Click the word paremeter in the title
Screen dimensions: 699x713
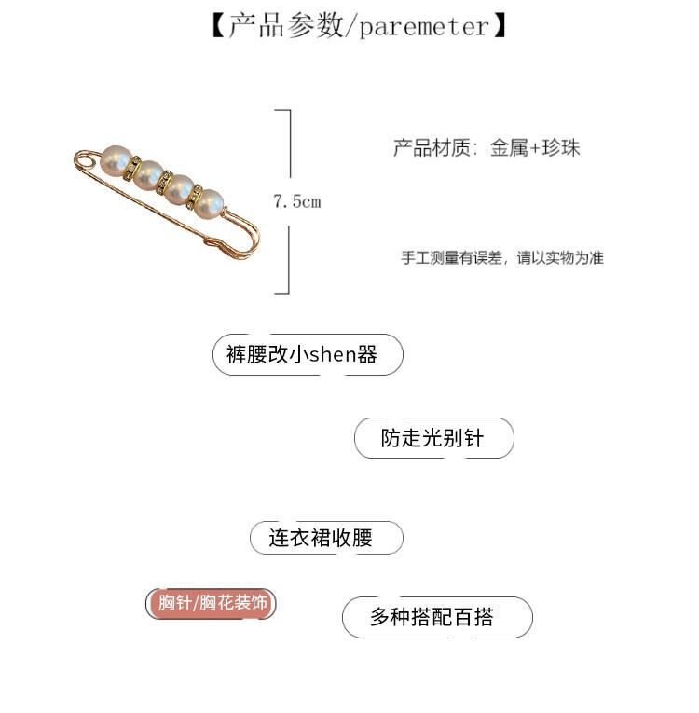[424, 26]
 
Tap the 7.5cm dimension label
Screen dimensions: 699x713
[296, 201]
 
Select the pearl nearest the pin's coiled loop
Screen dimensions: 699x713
[116, 160]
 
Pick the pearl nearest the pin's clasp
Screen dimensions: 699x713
[211, 202]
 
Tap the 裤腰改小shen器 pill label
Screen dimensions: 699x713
[308, 355]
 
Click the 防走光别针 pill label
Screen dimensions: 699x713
[433, 438]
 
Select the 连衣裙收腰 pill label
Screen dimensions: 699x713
[326, 538]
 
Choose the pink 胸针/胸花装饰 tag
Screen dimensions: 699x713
[212, 603]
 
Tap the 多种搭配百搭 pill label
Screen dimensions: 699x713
[437, 617]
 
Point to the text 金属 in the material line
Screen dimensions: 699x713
[509, 147]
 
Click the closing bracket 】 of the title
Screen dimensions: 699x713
[500, 26]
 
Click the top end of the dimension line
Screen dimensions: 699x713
[289, 111]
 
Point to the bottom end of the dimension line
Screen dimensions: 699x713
[289, 292]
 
